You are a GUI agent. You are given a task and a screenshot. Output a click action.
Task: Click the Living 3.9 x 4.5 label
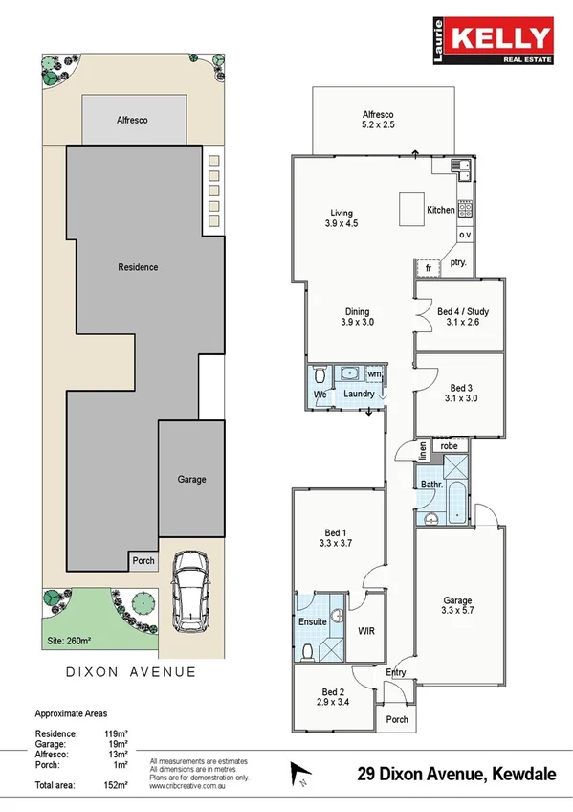pos(342,218)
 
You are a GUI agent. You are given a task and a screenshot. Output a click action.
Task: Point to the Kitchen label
pos(440,210)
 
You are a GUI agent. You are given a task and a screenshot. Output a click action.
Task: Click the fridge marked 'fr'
pos(429,268)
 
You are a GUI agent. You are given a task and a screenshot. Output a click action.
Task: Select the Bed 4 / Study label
pos(463,317)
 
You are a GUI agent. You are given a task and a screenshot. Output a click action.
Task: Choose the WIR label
pos(365,632)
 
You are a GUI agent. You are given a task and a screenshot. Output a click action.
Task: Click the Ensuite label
pos(313,621)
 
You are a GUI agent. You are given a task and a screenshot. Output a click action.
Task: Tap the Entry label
pos(395,672)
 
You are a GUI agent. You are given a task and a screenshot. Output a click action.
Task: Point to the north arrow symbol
pos(298,771)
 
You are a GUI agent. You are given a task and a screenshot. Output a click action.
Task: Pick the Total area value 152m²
pos(116,785)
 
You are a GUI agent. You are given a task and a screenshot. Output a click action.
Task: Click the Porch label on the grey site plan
pos(143,561)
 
